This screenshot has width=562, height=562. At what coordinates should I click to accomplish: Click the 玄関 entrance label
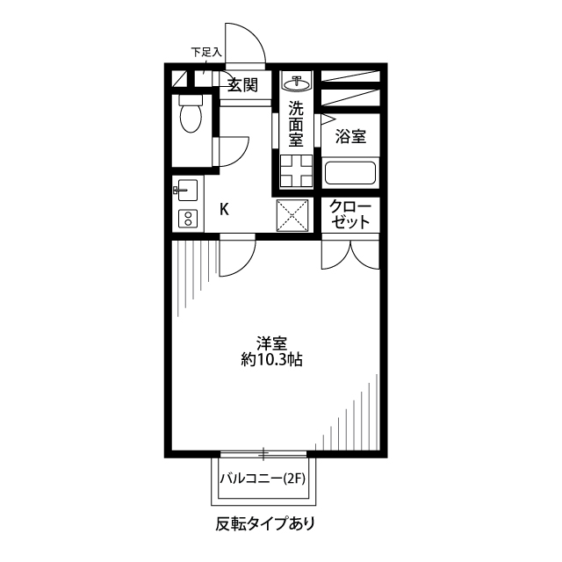click(242, 85)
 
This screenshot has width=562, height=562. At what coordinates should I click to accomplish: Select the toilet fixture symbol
click(190, 113)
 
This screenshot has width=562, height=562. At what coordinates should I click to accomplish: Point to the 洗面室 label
click(296, 124)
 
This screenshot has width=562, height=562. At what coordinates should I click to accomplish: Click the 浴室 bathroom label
click(350, 137)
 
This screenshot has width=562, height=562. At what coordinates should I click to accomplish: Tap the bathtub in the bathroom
click(350, 173)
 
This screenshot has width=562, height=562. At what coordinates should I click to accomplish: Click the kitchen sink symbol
click(187, 190)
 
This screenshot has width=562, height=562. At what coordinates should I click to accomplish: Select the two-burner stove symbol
click(187, 219)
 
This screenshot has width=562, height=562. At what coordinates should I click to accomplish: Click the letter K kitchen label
click(224, 209)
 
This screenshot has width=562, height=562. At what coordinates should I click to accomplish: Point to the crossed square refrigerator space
click(292, 215)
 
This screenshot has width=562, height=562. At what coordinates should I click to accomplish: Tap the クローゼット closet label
click(351, 215)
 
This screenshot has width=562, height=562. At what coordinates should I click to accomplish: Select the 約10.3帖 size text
click(272, 359)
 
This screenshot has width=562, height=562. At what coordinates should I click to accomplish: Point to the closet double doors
click(351, 252)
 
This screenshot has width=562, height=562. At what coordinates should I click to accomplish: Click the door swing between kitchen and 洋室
click(235, 257)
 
